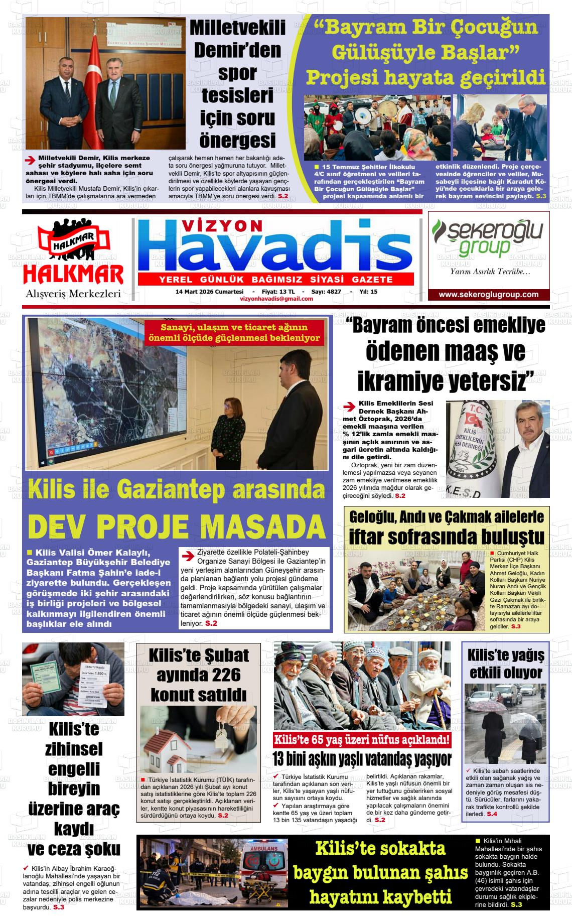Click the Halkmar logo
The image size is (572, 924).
tap(73, 253)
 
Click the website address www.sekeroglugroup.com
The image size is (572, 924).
tap(488, 295)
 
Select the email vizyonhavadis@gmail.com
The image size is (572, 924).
tap(276, 299)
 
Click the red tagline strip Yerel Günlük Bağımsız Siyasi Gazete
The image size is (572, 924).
tap(275, 280)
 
